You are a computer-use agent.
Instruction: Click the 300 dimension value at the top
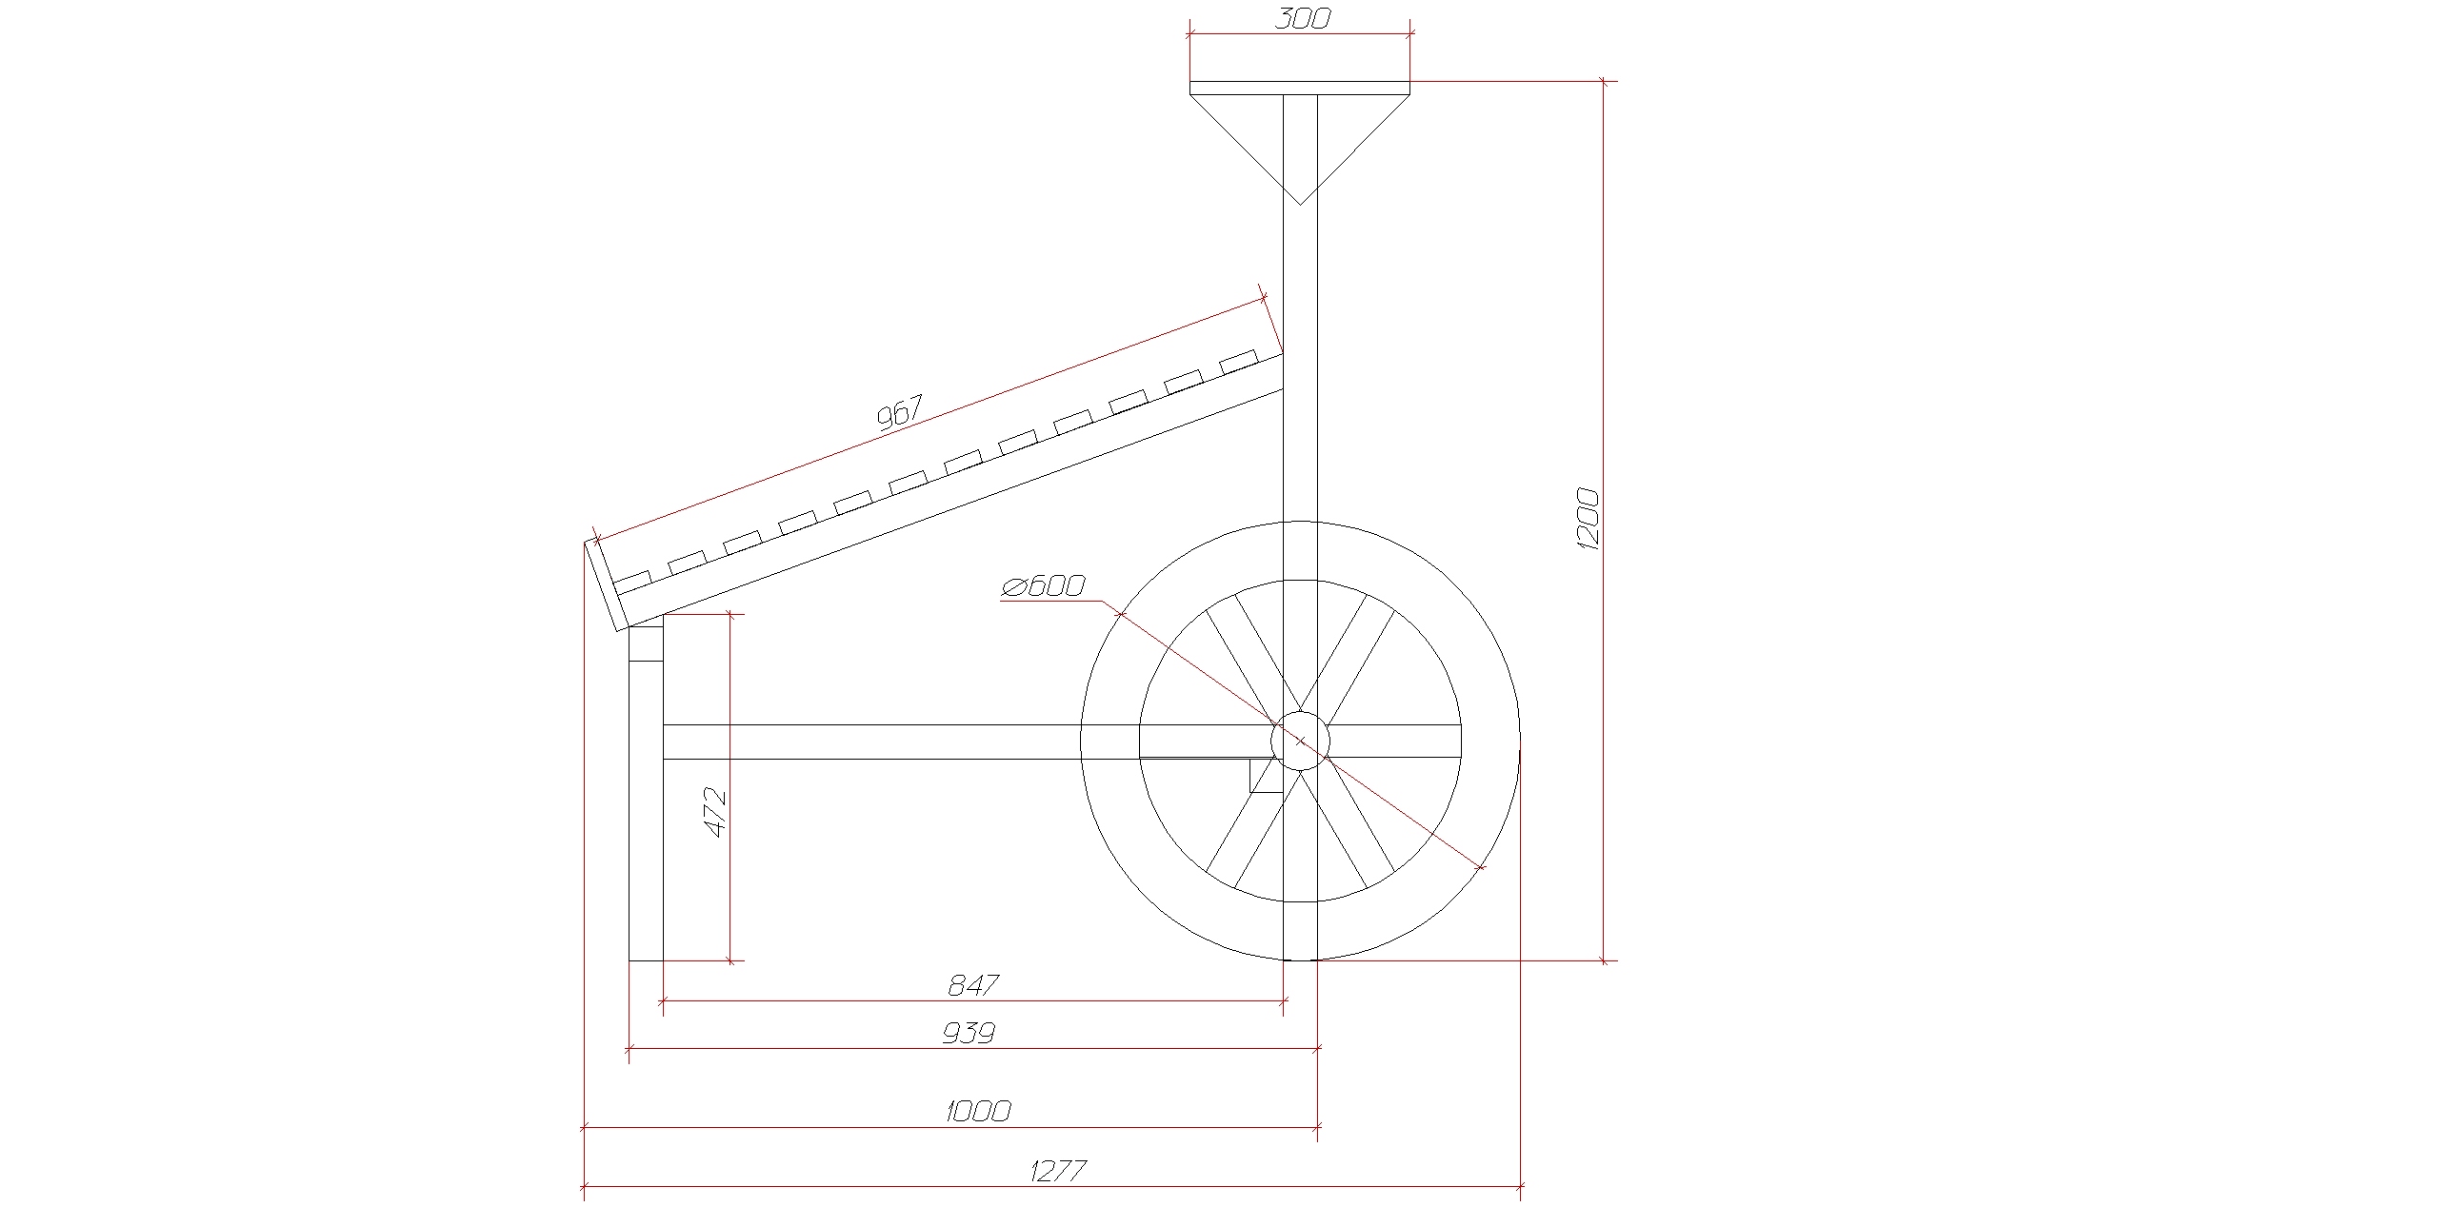1301,18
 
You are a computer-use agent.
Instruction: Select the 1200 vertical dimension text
1588,518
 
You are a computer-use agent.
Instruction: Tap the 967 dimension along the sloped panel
899,414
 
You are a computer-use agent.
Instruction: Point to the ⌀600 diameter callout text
1043,585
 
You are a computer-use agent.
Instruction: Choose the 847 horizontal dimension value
973,985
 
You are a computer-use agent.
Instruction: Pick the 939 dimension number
969,1033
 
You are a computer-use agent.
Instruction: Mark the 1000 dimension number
978,1111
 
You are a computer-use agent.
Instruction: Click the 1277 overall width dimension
1058,1170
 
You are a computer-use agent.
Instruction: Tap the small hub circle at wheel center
1300,741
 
